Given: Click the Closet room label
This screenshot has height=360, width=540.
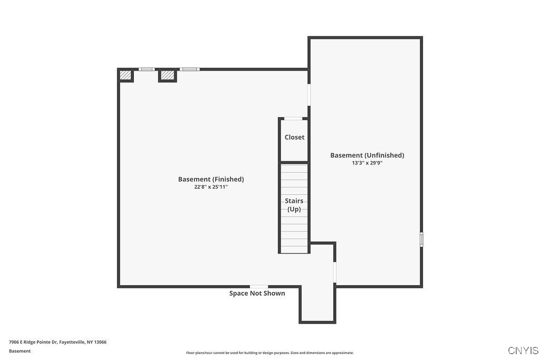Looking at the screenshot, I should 294,137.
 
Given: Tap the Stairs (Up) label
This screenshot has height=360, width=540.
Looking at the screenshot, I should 294,205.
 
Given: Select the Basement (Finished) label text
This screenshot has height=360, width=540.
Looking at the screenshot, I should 211,179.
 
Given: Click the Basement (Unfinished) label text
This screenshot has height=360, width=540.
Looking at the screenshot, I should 367,155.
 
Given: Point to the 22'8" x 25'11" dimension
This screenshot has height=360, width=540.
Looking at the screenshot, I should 211,187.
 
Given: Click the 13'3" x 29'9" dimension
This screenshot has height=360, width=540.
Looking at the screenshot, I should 367,163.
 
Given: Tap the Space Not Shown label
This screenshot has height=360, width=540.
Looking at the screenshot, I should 257,294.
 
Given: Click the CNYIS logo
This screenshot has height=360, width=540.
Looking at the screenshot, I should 523,351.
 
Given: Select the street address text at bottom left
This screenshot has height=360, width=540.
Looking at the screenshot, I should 57,342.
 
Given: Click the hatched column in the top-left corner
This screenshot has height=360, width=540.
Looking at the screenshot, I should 126,76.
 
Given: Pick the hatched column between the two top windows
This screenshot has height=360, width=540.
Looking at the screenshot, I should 167,76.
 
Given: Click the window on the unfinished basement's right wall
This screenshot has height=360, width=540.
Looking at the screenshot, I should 421,239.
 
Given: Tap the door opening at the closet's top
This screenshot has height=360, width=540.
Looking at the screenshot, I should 293,119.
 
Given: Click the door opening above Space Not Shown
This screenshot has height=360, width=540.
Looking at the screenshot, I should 258,286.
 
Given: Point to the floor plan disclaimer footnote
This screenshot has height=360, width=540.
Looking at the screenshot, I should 269,353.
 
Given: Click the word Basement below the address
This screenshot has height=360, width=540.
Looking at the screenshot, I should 20,351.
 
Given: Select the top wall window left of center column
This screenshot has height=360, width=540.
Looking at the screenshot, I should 146,69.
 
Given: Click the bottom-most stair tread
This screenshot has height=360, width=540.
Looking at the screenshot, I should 294,248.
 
